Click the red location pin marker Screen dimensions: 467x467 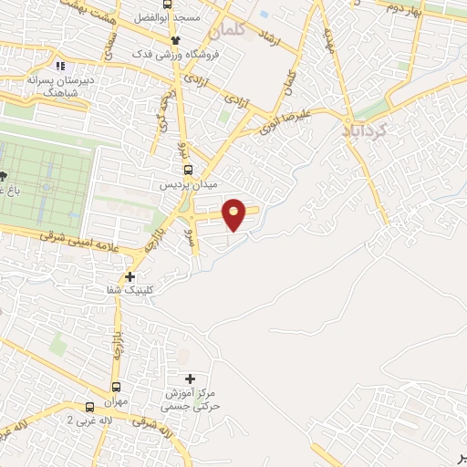[x=235, y=213]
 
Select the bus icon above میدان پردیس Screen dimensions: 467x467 [x=189, y=169]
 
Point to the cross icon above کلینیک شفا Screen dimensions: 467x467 [x=130, y=275]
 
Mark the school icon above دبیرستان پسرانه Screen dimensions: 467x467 [x=61, y=66]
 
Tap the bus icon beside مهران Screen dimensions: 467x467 [x=89, y=408]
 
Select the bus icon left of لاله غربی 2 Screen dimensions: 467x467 [x=16, y=427]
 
